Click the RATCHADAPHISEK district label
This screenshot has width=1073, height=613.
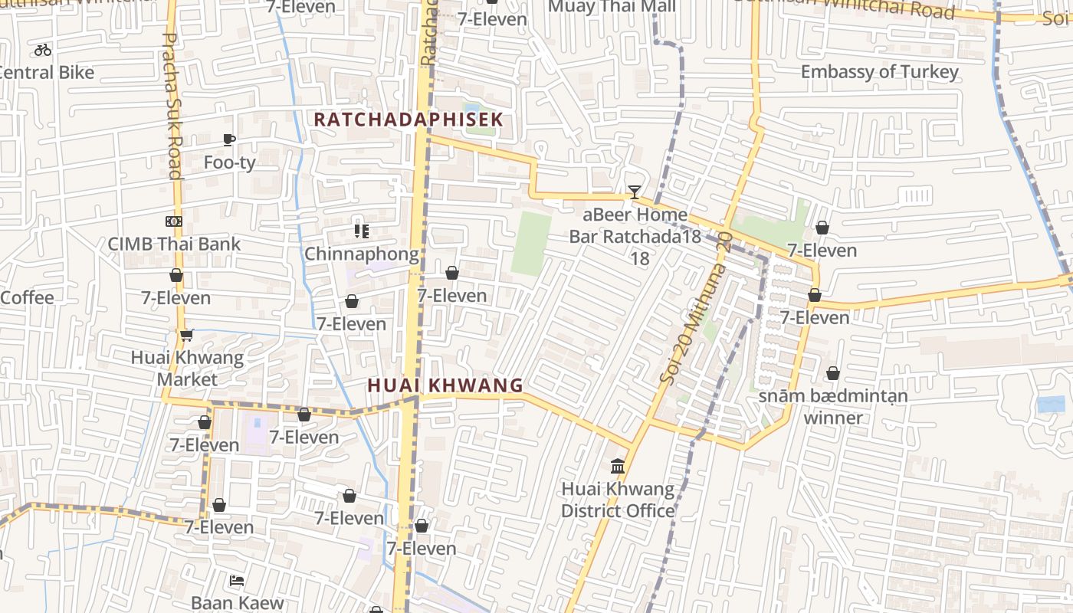pos(409,120)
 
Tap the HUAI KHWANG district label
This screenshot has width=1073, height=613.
pos(445,385)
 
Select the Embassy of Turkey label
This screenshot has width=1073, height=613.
pos(879,72)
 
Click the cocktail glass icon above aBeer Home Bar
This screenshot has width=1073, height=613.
pos(634,192)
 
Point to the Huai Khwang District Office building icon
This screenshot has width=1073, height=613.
pos(618,466)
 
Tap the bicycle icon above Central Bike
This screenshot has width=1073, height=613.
pos(43,50)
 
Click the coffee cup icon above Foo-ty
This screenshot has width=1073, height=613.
pos(228,139)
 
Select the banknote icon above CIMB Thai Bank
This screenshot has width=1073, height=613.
pos(174,221)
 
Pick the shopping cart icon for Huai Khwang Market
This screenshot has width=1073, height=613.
pos(186,335)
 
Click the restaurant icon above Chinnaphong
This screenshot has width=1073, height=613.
pos(362,231)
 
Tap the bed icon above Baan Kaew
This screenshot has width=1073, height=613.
pos(237,581)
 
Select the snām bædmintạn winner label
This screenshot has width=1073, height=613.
pos(833,407)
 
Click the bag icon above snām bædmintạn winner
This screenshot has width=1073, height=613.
pos(833,374)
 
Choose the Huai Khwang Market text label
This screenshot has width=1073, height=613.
pos(187,368)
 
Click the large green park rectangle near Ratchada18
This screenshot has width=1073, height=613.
pos(531,244)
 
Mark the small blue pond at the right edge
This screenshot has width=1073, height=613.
pos(1050,405)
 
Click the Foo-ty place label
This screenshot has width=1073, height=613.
pos(229,162)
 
